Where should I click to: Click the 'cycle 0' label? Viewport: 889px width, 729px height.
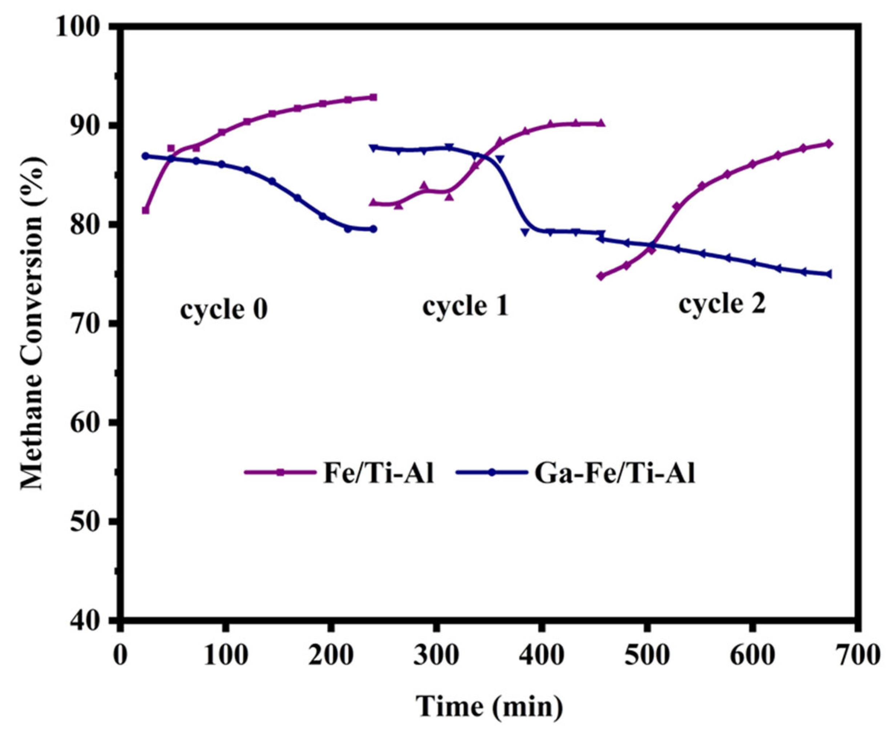224,310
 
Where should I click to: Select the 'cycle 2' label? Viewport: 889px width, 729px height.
722,304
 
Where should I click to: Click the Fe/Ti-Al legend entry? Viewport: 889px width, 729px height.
339,473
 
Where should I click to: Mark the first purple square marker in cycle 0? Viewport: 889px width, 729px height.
146,210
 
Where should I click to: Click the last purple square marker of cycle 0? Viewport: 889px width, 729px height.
373,97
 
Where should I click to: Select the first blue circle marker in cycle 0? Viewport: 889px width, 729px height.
146,156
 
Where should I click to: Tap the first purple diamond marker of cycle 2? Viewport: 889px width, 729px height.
601,276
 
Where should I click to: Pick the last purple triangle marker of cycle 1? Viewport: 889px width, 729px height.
601,123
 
